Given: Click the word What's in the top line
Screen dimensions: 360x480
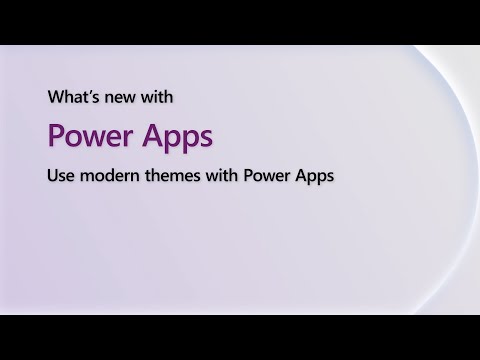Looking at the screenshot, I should point(72,99).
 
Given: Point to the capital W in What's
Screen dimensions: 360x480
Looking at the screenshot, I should point(56,99).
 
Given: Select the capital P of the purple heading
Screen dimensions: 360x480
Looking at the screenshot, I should point(57,136).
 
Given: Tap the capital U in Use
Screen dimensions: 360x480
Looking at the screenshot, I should point(53,176).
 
